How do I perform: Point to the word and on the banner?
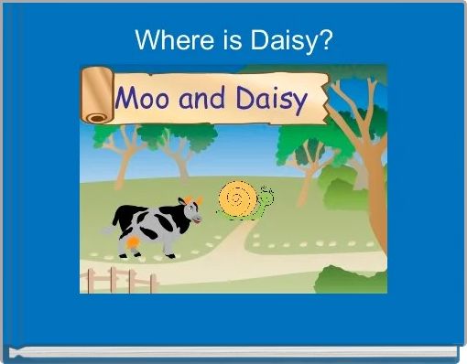click(x=204, y=98)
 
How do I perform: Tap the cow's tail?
click(x=108, y=229)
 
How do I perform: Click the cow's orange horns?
click(x=190, y=199)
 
